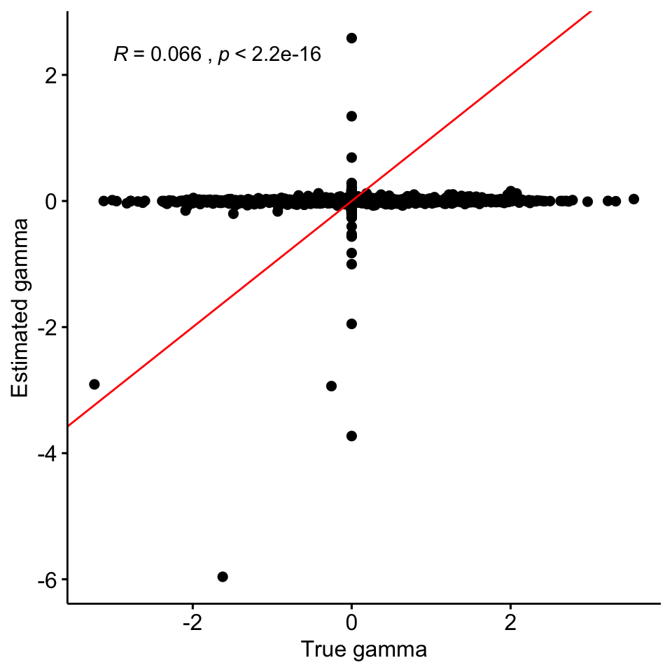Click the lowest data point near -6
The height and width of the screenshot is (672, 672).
click(x=223, y=577)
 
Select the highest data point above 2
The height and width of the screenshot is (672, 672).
click(x=351, y=38)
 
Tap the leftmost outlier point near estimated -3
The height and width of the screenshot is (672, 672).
click(x=94, y=384)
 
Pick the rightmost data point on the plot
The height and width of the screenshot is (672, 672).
click(x=633, y=199)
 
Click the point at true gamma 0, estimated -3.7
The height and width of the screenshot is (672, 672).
click(x=351, y=436)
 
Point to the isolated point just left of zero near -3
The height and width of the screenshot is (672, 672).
click(x=331, y=386)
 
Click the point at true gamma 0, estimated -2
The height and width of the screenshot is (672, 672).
click(x=351, y=323)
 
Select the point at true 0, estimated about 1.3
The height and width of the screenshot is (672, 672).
click(x=351, y=115)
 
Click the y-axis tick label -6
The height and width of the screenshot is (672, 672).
click(x=46, y=580)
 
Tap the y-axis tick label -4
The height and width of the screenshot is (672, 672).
click(x=46, y=454)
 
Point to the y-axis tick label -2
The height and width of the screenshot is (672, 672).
click(x=46, y=328)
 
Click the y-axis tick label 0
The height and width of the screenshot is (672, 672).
click(x=51, y=202)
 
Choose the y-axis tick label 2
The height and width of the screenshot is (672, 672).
click(x=51, y=75)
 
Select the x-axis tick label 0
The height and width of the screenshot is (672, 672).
click(x=351, y=623)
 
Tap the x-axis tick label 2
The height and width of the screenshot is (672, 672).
click(x=510, y=623)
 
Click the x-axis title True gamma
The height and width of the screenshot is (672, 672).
click(x=363, y=650)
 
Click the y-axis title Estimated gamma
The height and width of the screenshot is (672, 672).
click(x=21, y=308)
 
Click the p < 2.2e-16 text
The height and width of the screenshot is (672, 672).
click(x=269, y=55)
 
